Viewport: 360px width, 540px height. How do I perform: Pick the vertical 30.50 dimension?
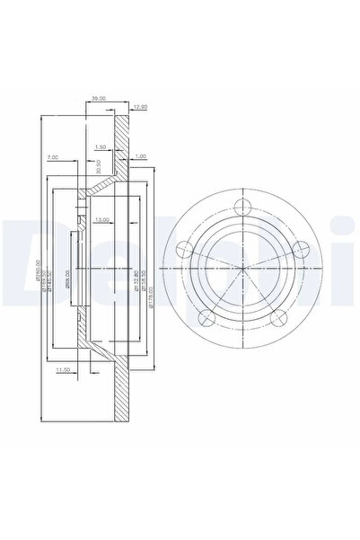tap(97, 168)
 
